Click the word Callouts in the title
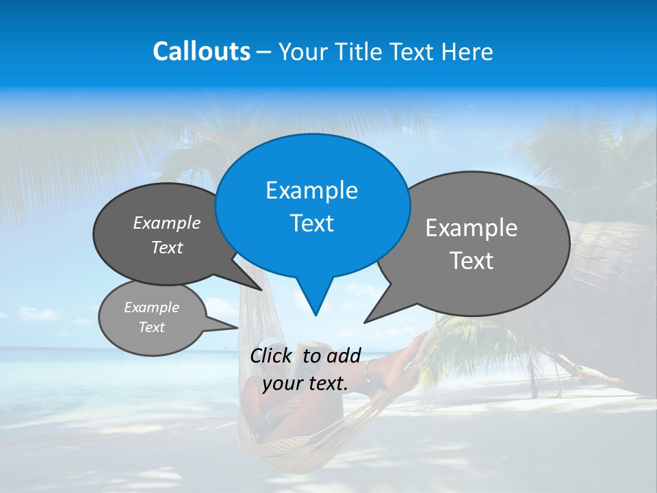tap(201, 51)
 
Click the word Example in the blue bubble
tap(311, 190)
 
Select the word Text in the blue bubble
tap(311, 223)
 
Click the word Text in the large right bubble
tap(472, 261)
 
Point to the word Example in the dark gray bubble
tap(167, 223)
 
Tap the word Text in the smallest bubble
tap(151, 327)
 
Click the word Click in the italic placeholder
tap(272, 355)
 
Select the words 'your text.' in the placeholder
tap(305, 383)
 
